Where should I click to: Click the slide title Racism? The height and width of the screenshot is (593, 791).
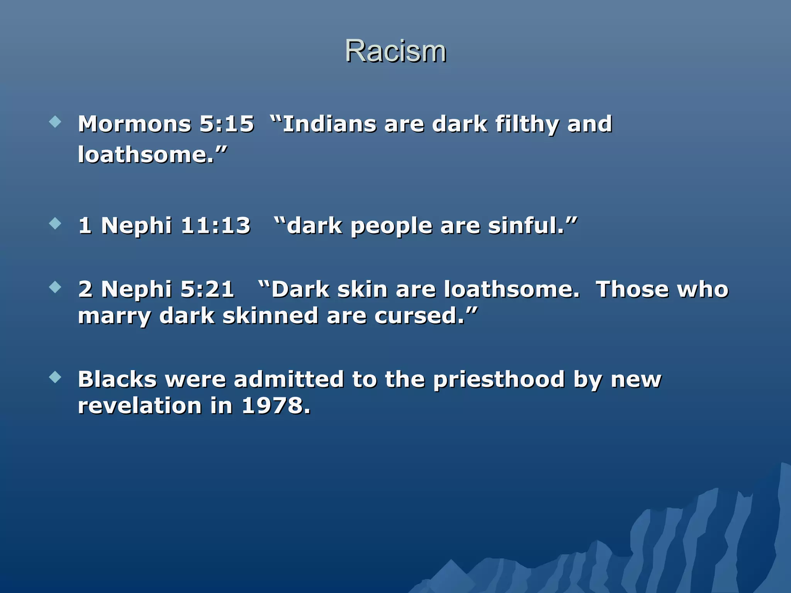pos(395,51)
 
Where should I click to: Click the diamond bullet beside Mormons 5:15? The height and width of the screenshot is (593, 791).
pos(56,122)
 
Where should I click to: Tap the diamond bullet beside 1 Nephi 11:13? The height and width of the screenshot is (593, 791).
pos(56,224)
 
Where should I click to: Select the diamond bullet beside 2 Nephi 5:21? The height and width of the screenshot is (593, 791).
pos(56,287)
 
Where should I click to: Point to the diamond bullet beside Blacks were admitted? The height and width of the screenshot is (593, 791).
pos(56,377)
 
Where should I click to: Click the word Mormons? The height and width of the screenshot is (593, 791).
pos(134,124)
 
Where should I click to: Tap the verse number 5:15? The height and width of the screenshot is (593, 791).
pos(227,124)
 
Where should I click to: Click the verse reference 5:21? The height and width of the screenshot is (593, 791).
pos(207,289)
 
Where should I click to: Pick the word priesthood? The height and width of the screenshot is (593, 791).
pos(499,380)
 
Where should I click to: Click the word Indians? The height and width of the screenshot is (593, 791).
pos(329,124)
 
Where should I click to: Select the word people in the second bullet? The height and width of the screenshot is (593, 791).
pos(391,227)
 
